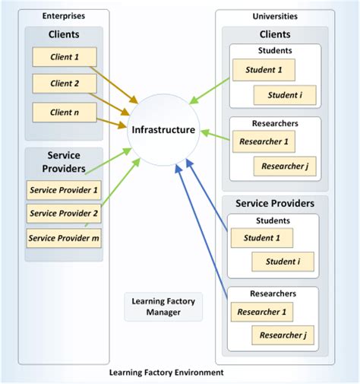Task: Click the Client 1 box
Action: [65, 57]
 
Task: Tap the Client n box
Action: [65, 113]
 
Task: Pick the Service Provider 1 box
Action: [64, 190]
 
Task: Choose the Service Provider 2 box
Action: [64, 214]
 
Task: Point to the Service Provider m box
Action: [64, 238]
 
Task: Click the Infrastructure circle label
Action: [163, 130]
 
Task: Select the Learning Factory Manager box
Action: [164, 306]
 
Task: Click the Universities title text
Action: [275, 15]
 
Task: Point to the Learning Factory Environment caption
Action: [166, 373]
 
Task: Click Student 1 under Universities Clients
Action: [263, 70]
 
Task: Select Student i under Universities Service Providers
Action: [283, 262]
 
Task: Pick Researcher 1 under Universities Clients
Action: [263, 141]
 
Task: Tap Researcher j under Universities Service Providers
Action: [283, 334]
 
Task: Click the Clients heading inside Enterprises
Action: [65, 34]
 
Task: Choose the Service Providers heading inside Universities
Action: [275, 204]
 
